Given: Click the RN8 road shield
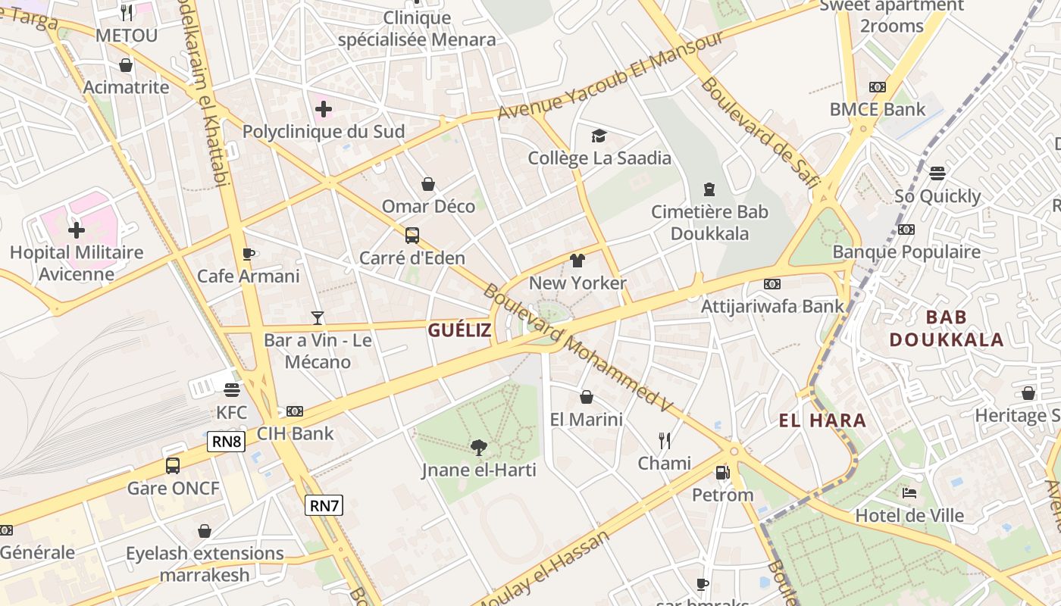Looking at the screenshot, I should pos(227,441).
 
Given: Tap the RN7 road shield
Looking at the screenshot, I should pos(324,505).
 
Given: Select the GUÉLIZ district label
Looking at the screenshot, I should pos(459,330).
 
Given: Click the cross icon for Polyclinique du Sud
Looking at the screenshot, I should pos(324,109).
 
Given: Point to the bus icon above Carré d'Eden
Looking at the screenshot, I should pos(412,235).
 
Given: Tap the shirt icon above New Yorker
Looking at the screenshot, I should pos(577,261).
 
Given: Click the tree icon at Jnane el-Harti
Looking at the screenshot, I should pos(478,448).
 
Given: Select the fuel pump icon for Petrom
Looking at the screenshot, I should pos(722,473).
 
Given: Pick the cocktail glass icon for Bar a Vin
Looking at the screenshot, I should pos(318,317).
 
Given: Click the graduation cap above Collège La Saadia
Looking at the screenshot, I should pos(599,136).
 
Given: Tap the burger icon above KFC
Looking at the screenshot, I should pos(232,390).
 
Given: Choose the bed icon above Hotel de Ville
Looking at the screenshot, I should pos(909,493).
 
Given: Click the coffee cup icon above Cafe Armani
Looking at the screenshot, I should pos(248,254).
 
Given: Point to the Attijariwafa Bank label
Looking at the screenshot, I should pos(772,306).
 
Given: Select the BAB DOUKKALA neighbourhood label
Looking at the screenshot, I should pos(947,328).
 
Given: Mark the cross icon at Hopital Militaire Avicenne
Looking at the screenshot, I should pos(77,230).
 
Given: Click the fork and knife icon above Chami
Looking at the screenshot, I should pos(665,441).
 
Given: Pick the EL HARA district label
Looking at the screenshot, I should pos(822,420).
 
